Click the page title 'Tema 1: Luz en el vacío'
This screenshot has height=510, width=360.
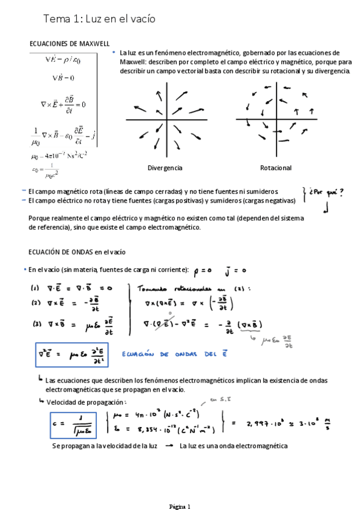[x=99, y=19]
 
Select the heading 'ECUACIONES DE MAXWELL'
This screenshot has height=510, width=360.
[x=69, y=44]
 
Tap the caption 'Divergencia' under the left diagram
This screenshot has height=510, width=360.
[x=165, y=168]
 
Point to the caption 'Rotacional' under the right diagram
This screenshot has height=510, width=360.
[x=276, y=168]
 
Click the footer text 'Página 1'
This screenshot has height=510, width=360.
[x=180, y=506]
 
